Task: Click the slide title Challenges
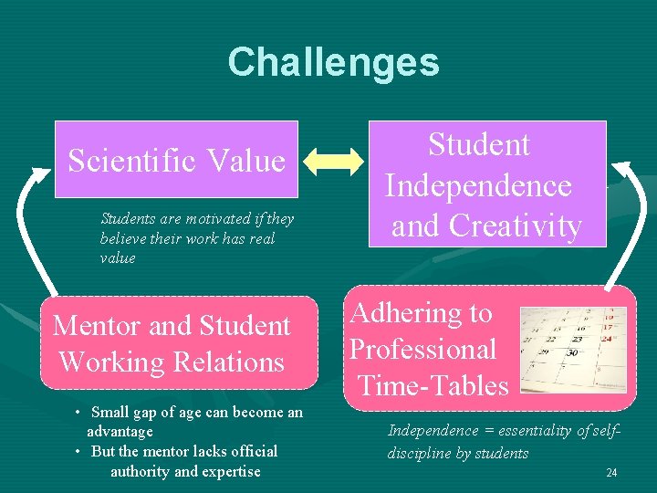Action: click(333, 62)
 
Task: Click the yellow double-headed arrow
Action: click(334, 161)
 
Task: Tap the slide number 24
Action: click(611, 472)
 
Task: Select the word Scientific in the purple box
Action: click(131, 161)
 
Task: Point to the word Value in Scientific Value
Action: click(245, 161)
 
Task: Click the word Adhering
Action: click(421, 313)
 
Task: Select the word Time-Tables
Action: click(433, 385)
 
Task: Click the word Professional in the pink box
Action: click(422, 349)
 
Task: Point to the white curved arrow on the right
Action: click(629, 219)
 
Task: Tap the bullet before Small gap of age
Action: click(79, 413)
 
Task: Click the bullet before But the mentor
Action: click(79, 452)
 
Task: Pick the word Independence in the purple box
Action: click(478, 185)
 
